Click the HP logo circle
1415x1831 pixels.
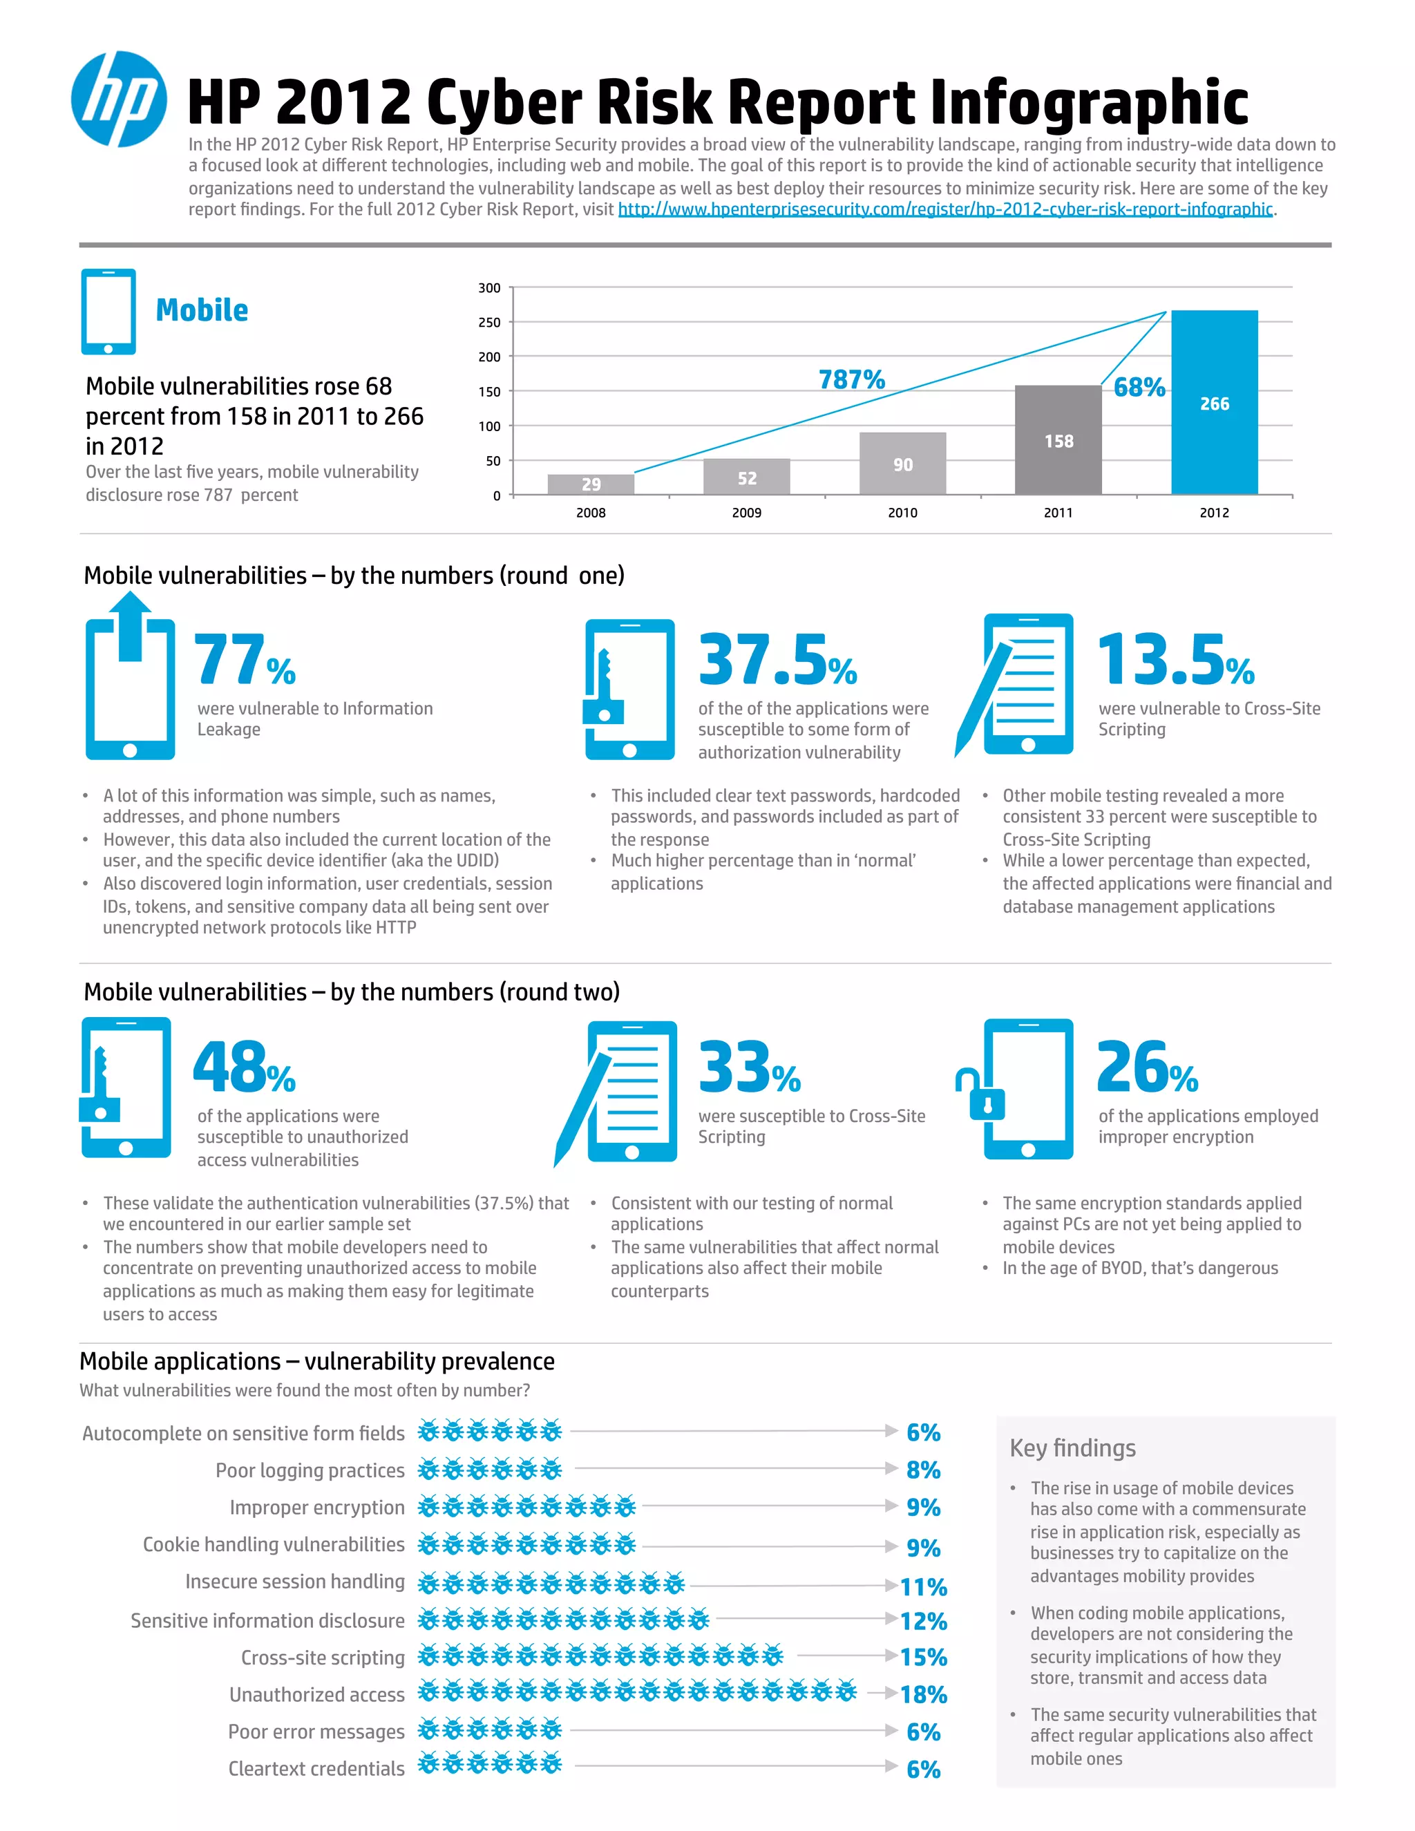pyautogui.click(x=118, y=99)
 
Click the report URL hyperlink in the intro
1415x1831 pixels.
pyautogui.click(x=944, y=209)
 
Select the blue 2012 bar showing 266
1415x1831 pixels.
pyautogui.click(x=1214, y=402)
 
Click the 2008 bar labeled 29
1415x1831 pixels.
pyautogui.click(x=590, y=484)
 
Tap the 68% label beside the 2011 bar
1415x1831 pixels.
pyautogui.click(x=1139, y=388)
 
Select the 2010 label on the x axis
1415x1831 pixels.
pyautogui.click(x=902, y=512)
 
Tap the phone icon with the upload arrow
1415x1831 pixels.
pyautogui.click(x=130, y=679)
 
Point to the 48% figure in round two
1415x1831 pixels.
pyautogui.click(x=243, y=1068)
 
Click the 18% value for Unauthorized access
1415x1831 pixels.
pyautogui.click(x=923, y=1694)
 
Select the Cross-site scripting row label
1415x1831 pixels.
pyautogui.click(x=323, y=1658)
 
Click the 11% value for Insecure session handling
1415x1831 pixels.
pyautogui.click(x=923, y=1587)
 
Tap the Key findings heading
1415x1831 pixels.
pyautogui.click(x=1072, y=1448)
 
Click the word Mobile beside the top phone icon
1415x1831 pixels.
pyautogui.click(x=202, y=310)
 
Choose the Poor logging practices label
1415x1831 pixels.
pyautogui.click(x=310, y=1470)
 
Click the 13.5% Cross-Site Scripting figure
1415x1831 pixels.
pyautogui.click(x=1175, y=661)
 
